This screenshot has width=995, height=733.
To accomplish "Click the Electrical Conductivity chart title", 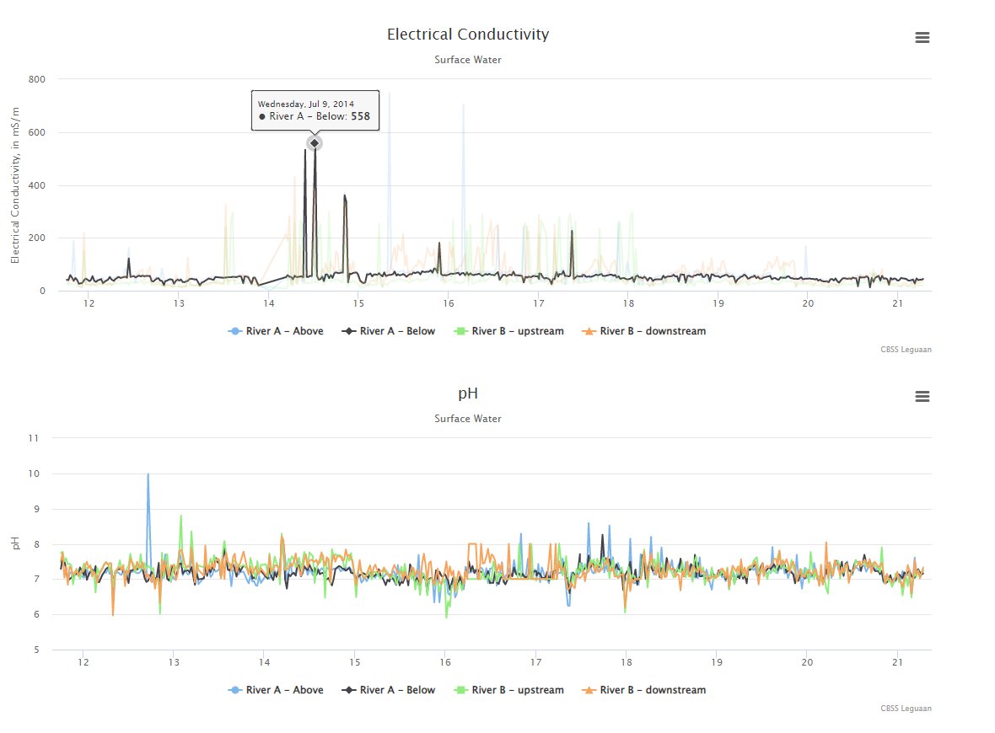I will pyautogui.click(x=468, y=35).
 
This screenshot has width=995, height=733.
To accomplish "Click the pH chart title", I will pyautogui.click(x=468, y=393).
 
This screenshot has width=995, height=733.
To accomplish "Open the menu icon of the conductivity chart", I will pyautogui.click(x=922, y=38).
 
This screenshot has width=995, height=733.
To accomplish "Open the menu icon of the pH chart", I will pyautogui.click(x=922, y=397).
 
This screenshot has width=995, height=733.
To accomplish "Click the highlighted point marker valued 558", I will pyautogui.click(x=315, y=143).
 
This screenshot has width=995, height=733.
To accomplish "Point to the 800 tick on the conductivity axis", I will pyautogui.click(x=37, y=79).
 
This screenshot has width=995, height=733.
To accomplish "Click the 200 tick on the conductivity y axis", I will pyautogui.click(x=37, y=238).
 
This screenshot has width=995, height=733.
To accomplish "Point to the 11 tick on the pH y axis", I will pyautogui.click(x=34, y=438).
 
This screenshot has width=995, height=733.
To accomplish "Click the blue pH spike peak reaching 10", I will pyautogui.click(x=148, y=474).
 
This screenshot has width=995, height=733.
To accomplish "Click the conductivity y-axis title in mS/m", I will pyautogui.click(x=15, y=185).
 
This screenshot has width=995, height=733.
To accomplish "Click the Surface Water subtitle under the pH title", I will pyautogui.click(x=468, y=419).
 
